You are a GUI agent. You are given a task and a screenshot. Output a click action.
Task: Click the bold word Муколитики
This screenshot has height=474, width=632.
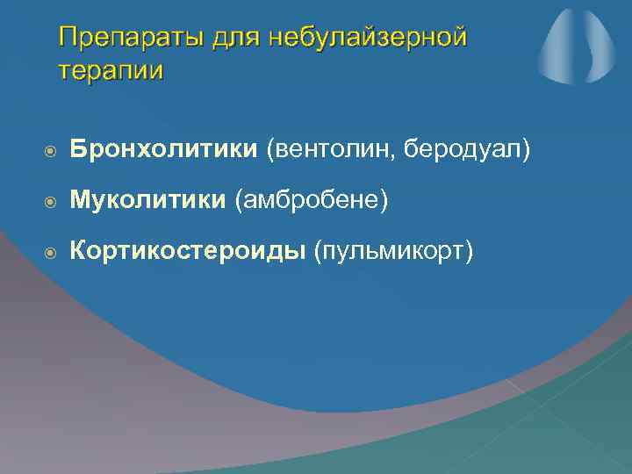pos(147,201)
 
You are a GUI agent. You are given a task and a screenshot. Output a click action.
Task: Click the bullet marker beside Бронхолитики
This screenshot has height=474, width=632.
pos(51,151)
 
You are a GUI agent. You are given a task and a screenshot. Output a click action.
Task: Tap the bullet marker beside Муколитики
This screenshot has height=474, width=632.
pos(51,202)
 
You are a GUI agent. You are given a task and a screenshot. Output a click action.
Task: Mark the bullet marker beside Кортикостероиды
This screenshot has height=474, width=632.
pos(51,254)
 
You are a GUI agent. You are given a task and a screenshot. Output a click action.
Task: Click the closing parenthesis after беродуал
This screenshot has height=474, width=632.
pos(527,150)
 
